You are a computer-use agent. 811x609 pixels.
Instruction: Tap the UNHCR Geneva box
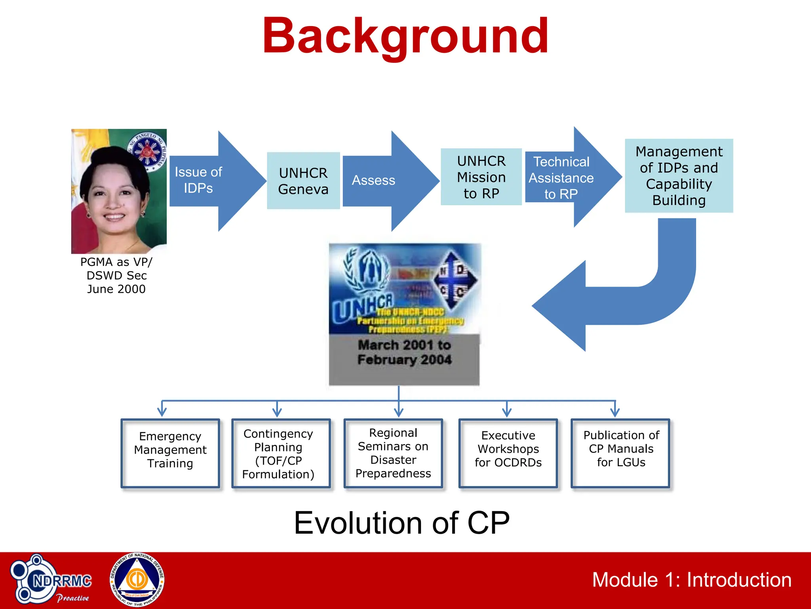point(303,181)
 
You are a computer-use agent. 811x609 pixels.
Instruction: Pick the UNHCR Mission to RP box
point(481,177)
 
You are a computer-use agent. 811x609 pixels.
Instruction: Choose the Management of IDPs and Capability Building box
point(679,176)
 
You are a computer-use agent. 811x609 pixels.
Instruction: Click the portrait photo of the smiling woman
point(119,191)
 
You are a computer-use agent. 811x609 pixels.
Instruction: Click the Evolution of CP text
point(402,523)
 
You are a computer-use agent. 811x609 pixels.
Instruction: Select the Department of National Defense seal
point(137,580)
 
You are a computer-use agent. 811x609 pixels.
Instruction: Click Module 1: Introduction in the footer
point(691,580)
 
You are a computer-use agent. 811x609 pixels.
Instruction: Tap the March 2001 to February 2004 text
point(404,352)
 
